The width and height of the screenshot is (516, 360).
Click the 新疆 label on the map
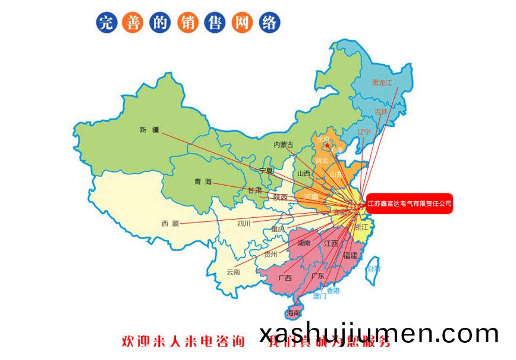click(150, 130)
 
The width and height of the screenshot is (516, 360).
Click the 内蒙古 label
click(284, 145)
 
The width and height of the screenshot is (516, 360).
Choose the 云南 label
click(233, 272)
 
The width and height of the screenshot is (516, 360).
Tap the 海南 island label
click(293, 313)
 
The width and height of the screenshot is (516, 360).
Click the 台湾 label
click(373, 269)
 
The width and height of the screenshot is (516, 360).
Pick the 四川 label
click(244, 224)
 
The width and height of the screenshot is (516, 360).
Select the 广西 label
click(285, 277)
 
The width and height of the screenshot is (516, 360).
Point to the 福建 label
click(350, 255)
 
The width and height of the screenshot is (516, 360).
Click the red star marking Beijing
click(326, 145)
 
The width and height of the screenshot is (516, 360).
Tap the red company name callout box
click(410, 204)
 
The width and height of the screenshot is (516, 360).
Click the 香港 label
click(333, 290)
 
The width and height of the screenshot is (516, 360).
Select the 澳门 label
click(320, 296)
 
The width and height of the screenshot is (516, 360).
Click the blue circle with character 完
click(105, 23)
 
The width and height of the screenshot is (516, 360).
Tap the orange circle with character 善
click(131, 23)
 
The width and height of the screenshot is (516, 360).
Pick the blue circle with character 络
click(269, 23)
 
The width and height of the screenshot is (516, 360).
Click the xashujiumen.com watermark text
click(379, 334)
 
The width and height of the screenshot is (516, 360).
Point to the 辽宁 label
click(364, 132)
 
